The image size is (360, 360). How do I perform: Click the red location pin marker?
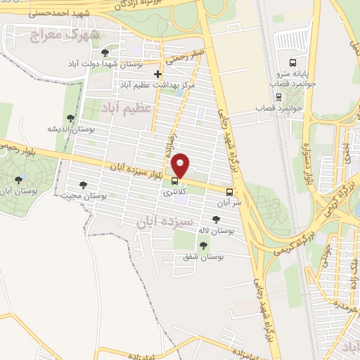point(181,165)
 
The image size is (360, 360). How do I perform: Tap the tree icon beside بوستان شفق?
point(203,245)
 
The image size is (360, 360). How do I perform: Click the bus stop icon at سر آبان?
point(230,192)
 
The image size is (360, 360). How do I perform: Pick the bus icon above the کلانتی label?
point(174,180)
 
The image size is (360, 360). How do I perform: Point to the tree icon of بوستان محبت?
point(83,185)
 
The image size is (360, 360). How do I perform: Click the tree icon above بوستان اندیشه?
point(70,118)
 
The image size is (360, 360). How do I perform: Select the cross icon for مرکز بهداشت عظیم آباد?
point(157,74)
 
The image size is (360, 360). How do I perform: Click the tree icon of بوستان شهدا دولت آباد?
point(105,52)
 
